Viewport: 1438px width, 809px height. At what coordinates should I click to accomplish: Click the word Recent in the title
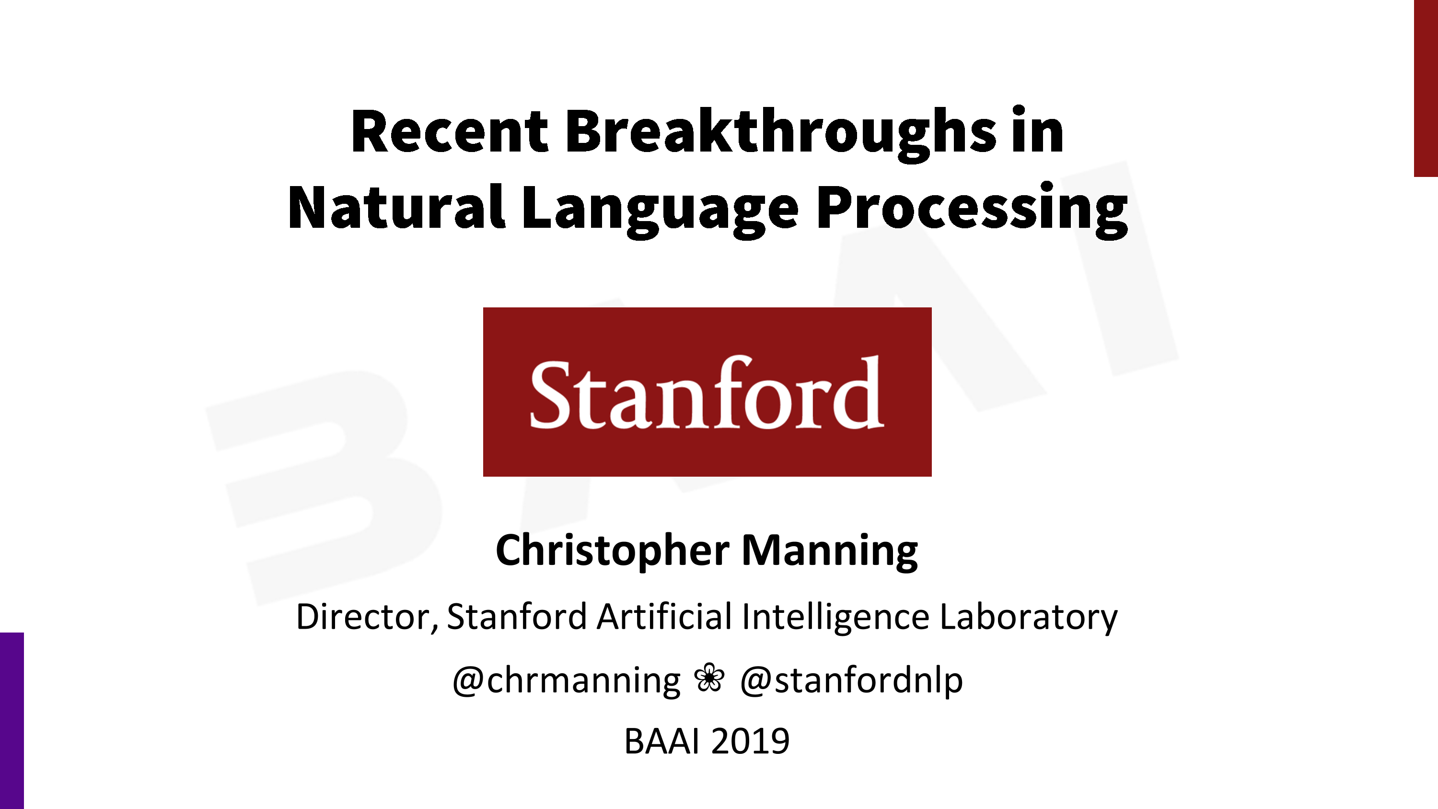click(450, 131)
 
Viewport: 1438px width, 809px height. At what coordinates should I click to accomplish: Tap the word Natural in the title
click(396, 207)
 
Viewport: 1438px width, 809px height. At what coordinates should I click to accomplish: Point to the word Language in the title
click(661, 211)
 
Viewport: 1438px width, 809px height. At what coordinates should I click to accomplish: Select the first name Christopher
click(613, 551)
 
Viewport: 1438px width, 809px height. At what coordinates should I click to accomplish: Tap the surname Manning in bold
click(830, 551)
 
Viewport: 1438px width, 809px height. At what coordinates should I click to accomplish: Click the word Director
click(367, 617)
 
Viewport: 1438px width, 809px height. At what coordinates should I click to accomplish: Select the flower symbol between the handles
click(709, 678)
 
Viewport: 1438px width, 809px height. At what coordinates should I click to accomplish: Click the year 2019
click(750, 741)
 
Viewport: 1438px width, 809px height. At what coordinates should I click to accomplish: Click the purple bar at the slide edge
click(12, 721)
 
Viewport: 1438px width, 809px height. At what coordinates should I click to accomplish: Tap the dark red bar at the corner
click(1426, 88)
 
